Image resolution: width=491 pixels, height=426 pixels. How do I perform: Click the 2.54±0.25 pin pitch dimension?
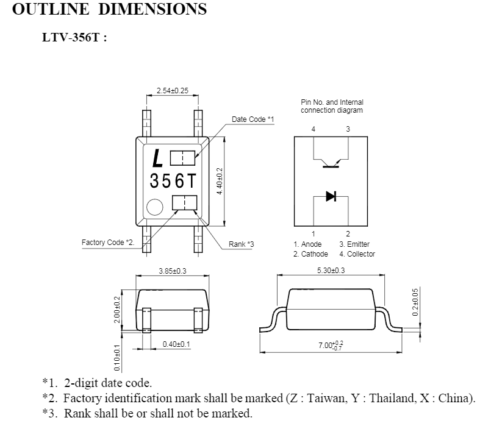(x=173, y=91)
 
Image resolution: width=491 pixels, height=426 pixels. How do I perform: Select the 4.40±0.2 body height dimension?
(x=220, y=181)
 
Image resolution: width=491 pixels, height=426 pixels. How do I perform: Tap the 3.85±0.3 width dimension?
(x=173, y=271)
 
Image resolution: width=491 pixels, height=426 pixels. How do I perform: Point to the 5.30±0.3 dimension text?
(x=331, y=270)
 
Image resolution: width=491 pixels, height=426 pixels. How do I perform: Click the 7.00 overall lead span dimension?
(x=331, y=346)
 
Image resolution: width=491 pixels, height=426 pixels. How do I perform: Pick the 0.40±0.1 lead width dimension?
(x=176, y=344)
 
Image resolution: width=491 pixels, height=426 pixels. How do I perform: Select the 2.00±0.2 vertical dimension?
(x=116, y=310)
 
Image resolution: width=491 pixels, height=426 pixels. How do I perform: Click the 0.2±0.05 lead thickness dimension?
(x=415, y=302)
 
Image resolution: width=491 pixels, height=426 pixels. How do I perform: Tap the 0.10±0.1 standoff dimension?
(x=116, y=358)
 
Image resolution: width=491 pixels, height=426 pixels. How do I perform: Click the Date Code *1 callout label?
(x=253, y=119)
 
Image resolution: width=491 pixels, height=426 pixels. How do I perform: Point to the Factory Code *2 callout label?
(x=108, y=243)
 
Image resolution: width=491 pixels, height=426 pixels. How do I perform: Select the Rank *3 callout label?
(x=241, y=244)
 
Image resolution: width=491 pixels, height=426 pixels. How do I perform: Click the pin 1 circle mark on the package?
(x=155, y=207)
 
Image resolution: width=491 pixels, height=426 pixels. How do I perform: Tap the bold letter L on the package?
(x=157, y=158)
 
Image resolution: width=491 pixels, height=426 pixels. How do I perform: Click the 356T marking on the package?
(x=173, y=181)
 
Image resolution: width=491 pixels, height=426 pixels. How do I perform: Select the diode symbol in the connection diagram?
(x=331, y=196)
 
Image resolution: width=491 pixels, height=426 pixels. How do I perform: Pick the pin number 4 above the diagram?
(x=314, y=129)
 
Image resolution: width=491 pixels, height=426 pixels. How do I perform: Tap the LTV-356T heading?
(x=74, y=37)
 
